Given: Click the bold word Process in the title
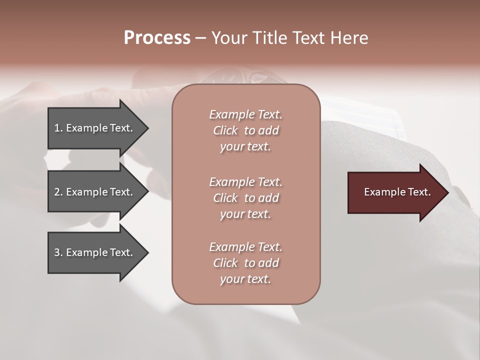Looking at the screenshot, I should pyautogui.click(x=157, y=38).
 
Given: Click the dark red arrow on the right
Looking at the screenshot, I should pyautogui.click(x=395, y=192).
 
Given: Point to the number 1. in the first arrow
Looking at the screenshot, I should pyautogui.click(x=58, y=128).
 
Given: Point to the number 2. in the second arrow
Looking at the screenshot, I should pyautogui.click(x=58, y=192).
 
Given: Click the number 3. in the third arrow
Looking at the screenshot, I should pyautogui.click(x=58, y=252).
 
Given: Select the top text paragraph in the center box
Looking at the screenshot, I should pyautogui.click(x=245, y=130).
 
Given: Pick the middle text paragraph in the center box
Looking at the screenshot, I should pyautogui.click(x=245, y=197).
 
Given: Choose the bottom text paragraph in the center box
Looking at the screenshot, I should pyautogui.click(x=245, y=263).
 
